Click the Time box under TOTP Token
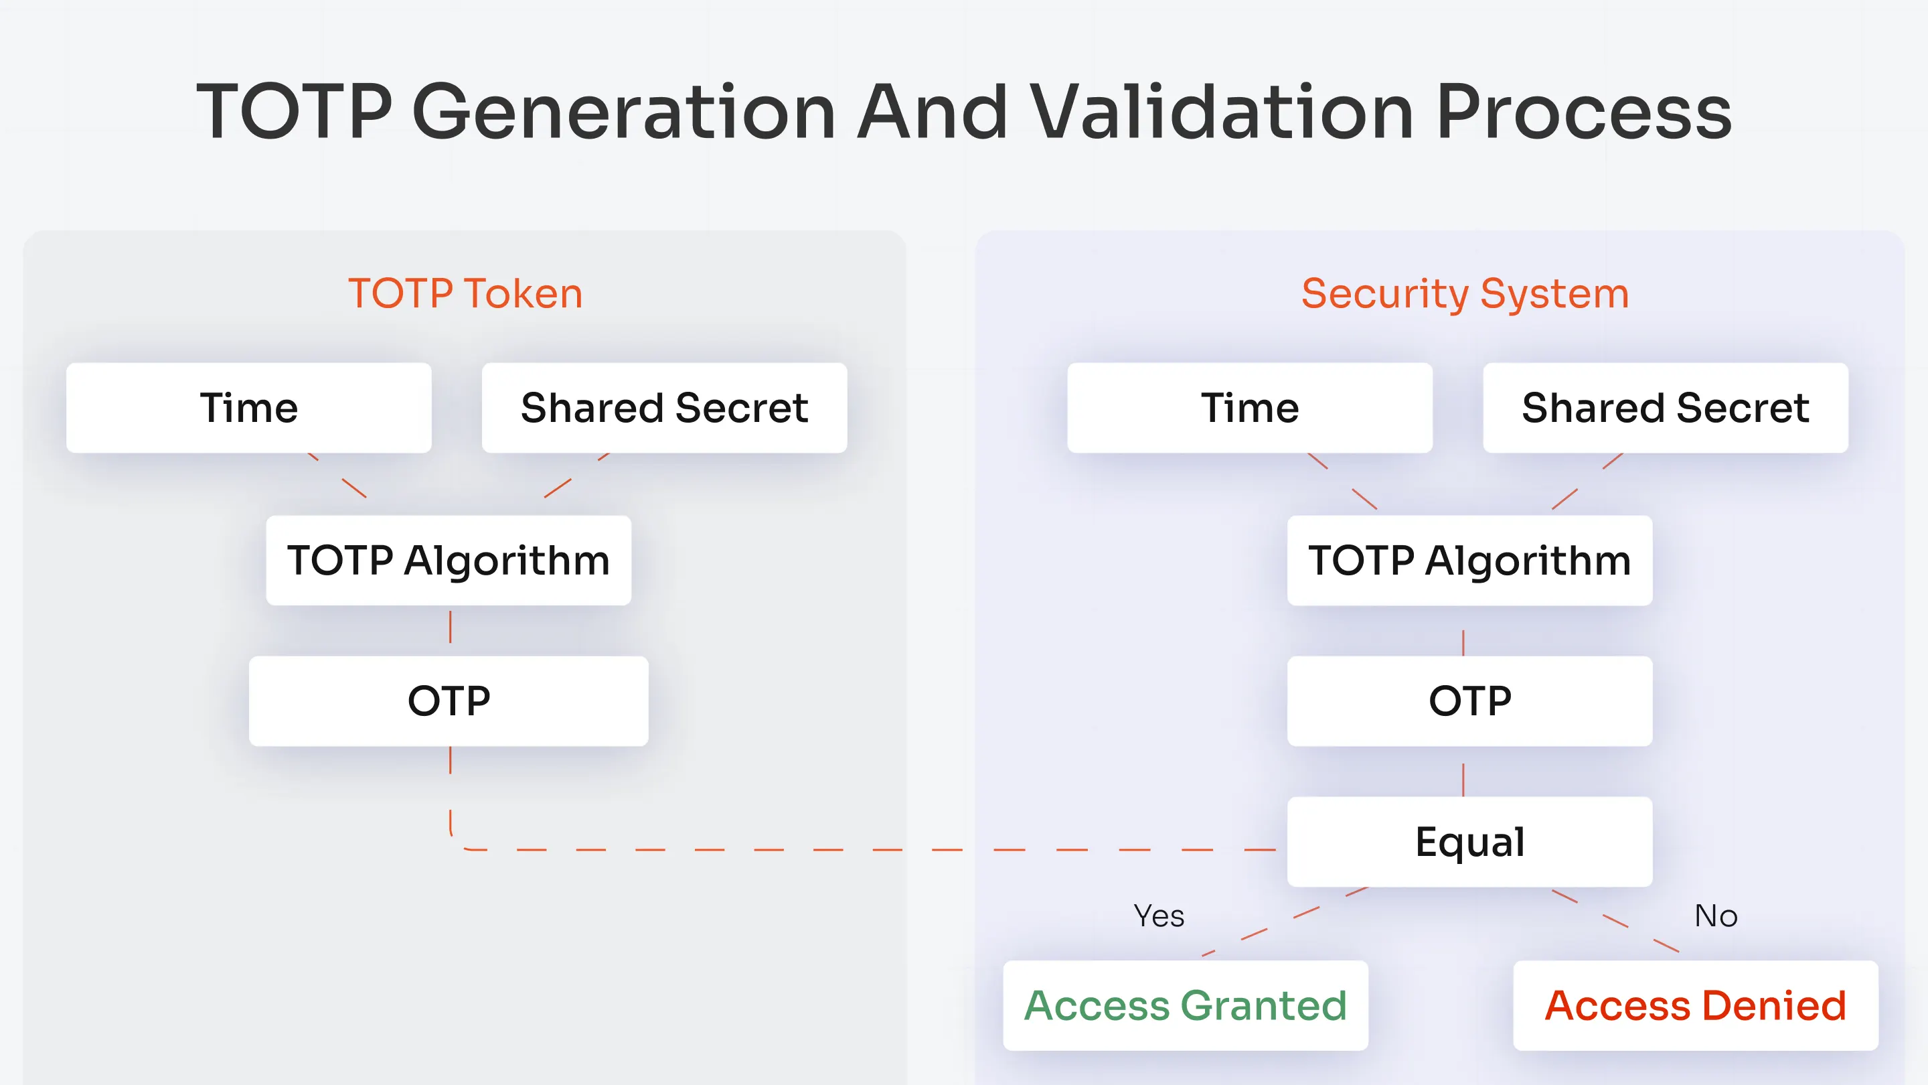pyautogui.click(x=248, y=408)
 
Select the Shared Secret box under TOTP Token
pyautogui.click(x=664, y=408)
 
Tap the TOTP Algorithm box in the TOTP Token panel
pyautogui.click(x=449, y=560)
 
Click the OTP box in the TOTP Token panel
pyautogui.click(x=449, y=701)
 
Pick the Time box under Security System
pyautogui.click(x=1249, y=408)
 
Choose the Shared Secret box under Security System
pyautogui.click(x=1666, y=408)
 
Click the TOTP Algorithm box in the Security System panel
pyautogui.click(x=1469, y=560)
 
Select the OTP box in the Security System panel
pyautogui.click(x=1469, y=701)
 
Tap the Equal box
pyautogui.click(x=1469, y=842)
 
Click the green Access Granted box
pyautogui.click(x=1186, y=1005)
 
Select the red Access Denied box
pyautogui.click(x=1695, y=1005)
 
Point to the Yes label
pyautogui.click(x=1159, y=916)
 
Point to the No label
pyautogui.click(x=1715, y=916)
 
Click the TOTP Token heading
pyautogui.click(x=465, y=293)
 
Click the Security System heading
pyautogui.click(x=1465, y=293)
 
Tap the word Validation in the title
pyautogui.click(x=1220, y=112)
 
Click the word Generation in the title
pyautogui.click(x=623, y=112)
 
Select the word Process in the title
pyautogui.click(x=1584, y=112)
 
